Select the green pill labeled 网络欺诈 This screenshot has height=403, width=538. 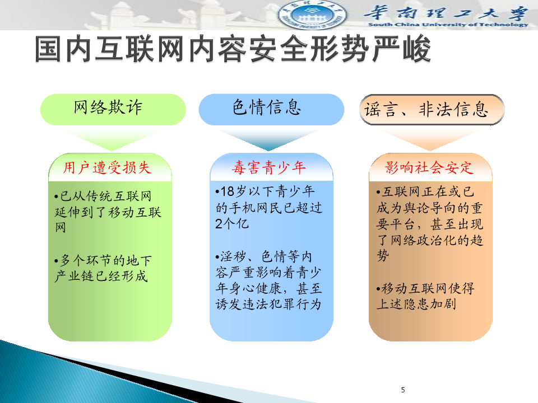click(x=113, y=109)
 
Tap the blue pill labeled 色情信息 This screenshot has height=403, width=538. click(x=271, y=109)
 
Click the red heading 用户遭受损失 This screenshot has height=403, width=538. click(x=107, y=168)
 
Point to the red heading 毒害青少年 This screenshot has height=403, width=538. click(x=270, y=168)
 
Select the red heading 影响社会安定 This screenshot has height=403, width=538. click(x=430, y=168)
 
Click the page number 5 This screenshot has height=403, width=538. click(x=403, y=390)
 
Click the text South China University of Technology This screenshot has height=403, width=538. click(x=447, y=25)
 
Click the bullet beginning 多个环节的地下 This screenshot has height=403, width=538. click(x=103, y=268)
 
